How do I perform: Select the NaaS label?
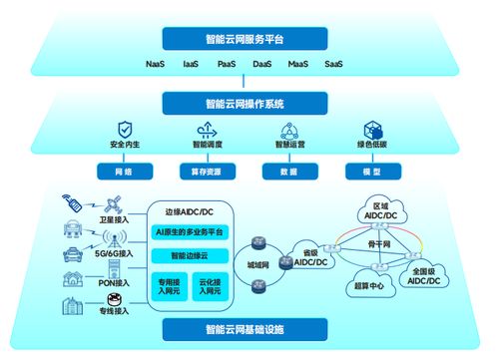(x=155, y=65)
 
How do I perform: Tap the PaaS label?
(x=227, y=65)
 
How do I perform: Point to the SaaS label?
(x=333, y=65)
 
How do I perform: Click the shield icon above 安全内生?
(x=125, y=131)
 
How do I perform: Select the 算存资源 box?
(x=205, y=172)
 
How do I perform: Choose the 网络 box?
(x=125, y=172)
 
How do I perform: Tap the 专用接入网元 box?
(x=167, y=285)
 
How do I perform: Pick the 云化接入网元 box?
(x=211, y=285)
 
